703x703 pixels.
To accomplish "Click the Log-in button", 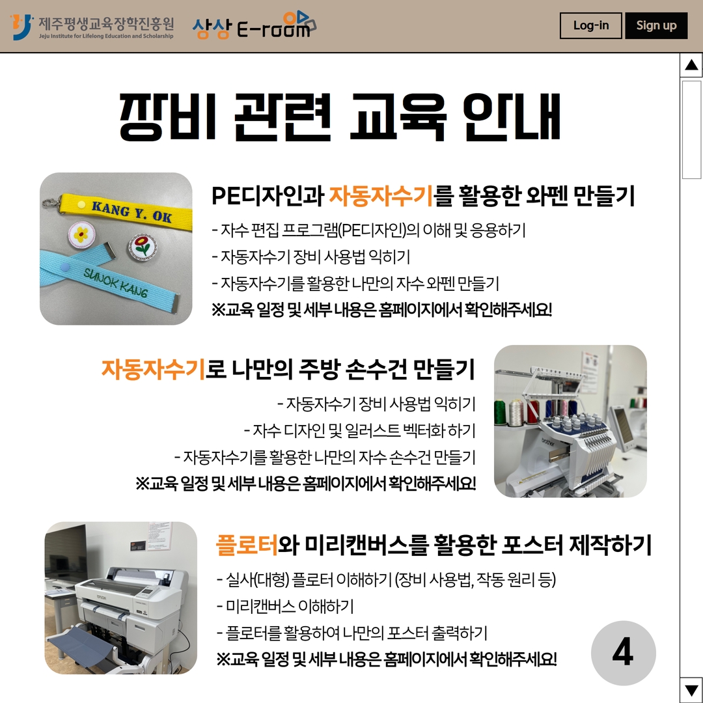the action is click(x=590, y=25).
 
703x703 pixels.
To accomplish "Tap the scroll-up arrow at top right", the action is click(x=691, y=65).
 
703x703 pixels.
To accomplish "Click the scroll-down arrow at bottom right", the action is click(x=691, y=689).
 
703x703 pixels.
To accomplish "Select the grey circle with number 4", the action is click(x=623, y=652).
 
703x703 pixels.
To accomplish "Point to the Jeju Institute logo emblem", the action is click(x=21, y=27).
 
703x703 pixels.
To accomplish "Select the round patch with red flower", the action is click(x=143, y=246).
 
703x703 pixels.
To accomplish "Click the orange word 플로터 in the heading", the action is click(x=247, y=545).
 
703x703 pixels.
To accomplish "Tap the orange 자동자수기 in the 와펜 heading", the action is click(x=381, y=196).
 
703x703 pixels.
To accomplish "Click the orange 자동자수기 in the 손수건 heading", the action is click(x=154, y=370).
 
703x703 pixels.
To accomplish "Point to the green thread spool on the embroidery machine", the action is click(x=500, y=412).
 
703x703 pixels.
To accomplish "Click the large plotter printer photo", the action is click(x=120, y=598).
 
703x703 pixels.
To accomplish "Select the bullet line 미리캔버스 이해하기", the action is click(x=286, y=607).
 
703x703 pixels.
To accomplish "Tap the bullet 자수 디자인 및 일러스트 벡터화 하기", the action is click(x=359, y=430).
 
